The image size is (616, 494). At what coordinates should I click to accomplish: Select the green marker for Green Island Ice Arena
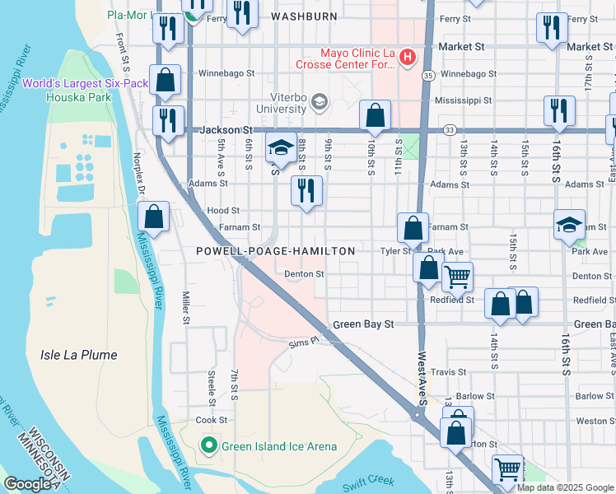(x=209, y=446)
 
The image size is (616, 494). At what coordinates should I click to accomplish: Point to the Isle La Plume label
(x=78, y=355)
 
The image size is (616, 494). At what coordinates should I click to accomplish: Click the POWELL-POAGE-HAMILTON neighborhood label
(x=275, y=251)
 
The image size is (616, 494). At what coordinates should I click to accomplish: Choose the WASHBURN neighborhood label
(x=304, y=16)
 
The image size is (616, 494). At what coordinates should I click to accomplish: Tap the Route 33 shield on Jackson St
(x=449, y=129)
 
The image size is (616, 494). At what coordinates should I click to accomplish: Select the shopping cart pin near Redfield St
(x=457, y=277)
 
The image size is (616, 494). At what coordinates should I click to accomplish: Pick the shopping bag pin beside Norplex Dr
(x=154, y=218)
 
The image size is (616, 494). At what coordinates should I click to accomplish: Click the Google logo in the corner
(x=27, y=484)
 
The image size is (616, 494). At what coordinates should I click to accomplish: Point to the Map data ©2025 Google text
(x=564, y=487)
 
